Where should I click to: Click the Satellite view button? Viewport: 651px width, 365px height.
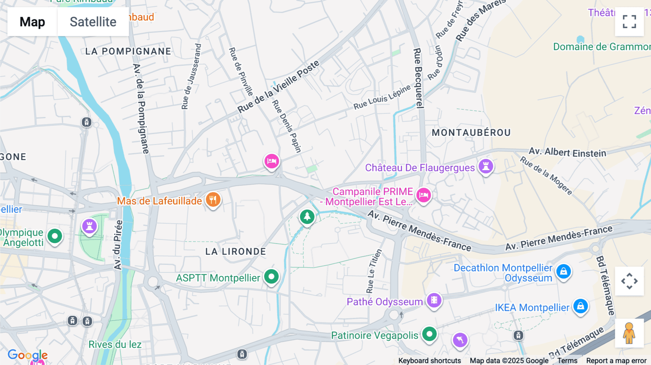pyautogui.click(x=93, y=22)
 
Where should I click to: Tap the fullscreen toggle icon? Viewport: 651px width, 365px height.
pyautogui.click(x=629, y=22)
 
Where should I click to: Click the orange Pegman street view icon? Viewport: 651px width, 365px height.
pyautogui.click(x=629, y=333)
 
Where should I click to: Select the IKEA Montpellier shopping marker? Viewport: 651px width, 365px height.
pyautogui.click(x=580, y=306)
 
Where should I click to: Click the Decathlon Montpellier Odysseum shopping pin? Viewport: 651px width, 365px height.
pyautogui.click(x=563, y=271)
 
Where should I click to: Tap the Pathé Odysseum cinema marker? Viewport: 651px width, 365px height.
pyautogui.click(x=434, y=300)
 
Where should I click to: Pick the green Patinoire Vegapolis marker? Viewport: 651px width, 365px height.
pyautogui.click(x=429, y=334)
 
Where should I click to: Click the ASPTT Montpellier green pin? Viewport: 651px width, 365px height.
pyautogui.click(x=271, y=277)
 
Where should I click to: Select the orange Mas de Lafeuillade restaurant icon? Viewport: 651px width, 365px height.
pyautogui.click(x=213, y=199)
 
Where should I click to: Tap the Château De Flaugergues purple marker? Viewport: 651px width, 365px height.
pyautogui.click(x=486, y=166)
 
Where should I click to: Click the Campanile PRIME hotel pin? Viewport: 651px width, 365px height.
pyautogui.click(x=424, y=195)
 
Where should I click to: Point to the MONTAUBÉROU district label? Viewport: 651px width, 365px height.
pyautogui.click(x=471, y=133)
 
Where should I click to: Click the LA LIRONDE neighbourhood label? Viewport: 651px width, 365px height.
pyautogui.click(x=235, y=252)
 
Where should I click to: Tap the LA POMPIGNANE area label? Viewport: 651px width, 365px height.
pyautogui.click(x=128, y=51)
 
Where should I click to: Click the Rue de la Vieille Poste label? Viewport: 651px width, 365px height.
pyautogui.click(x=278, y=87)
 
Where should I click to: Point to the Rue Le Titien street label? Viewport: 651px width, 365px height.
pyautogui.click(x=374, y=271)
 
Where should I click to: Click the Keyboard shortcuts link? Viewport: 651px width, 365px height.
pyautogui.click(x=429, y=361)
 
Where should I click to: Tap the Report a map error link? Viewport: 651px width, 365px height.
pyautogui.click(x=616, y=361)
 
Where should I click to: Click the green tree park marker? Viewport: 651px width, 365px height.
pyautogui.click(x=307, y=216)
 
